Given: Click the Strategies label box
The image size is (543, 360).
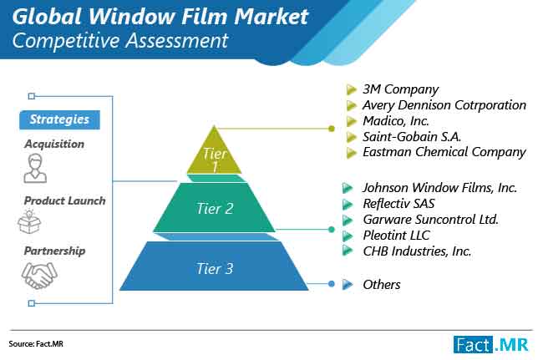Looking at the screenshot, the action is point(59,119).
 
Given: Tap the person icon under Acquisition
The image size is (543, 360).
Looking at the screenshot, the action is point(35,168).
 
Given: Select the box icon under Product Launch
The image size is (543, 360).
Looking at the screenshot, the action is point(29,221).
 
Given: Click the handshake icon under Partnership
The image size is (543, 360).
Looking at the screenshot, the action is point(39,275).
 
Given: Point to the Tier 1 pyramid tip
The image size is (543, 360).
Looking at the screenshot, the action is point(215,125).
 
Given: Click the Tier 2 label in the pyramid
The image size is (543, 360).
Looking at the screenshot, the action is point(215,208).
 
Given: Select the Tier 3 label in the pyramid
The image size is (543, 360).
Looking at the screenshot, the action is point(215,269).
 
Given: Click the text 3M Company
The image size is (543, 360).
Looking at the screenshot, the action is point(400,89).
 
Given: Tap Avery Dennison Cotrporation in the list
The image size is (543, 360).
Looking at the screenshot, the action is point(444,105).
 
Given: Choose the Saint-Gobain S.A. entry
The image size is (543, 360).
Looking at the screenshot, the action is point(412,136).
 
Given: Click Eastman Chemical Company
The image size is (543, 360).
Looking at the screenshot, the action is point(444,152).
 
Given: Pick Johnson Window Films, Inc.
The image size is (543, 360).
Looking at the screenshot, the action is point(439,188).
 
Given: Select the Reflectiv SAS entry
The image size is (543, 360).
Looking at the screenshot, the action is point(398,204).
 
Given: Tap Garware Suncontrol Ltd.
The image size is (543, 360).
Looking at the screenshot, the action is point(430,220).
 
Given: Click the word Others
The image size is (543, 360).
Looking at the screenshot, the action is point(382,285).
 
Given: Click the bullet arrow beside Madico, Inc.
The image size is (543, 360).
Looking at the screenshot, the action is point(351,121).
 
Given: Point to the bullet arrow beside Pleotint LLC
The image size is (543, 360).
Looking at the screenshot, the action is point(348,236).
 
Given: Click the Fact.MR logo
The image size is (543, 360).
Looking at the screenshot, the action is point(490,345).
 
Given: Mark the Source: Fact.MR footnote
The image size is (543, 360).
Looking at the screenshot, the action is point(36,344).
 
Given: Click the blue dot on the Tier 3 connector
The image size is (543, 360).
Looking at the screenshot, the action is point(332,284).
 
